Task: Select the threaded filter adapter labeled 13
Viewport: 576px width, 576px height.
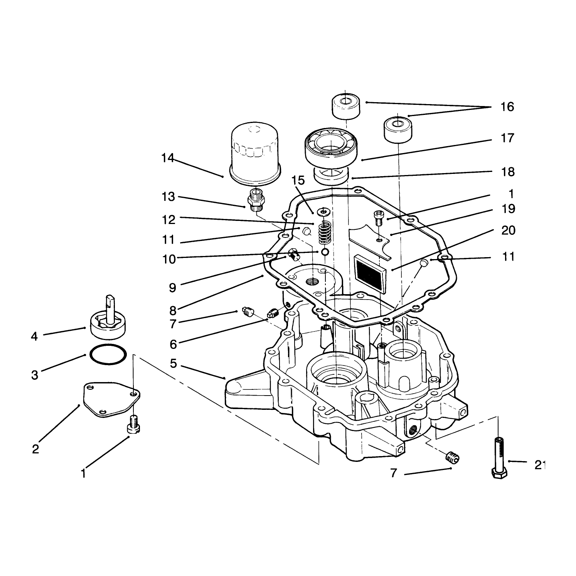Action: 255,200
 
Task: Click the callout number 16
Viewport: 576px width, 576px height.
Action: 507,107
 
